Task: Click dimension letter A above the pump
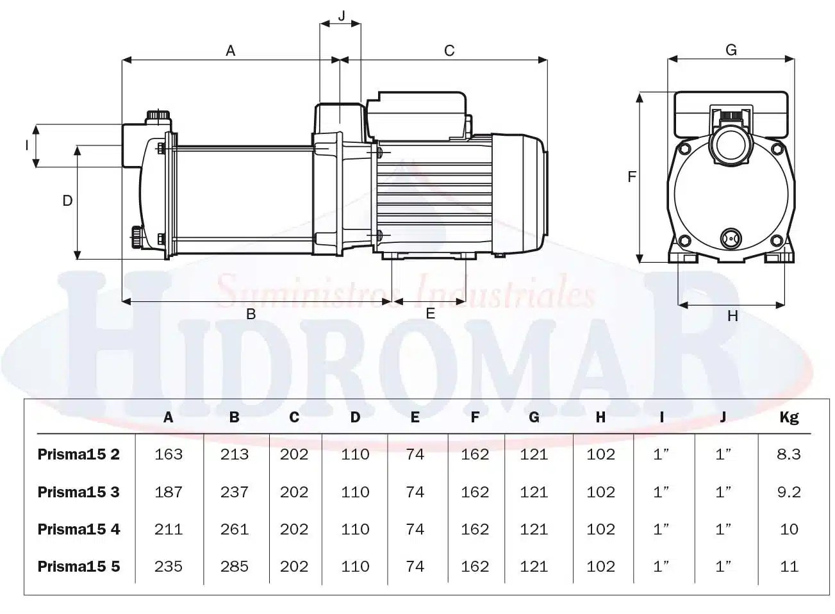pos(231,50)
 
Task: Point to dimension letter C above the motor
pos(449,50)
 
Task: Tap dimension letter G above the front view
pos(731,49)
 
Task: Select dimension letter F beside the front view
pos(632,176)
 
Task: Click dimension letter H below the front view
pos(732,315)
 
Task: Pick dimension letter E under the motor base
pos(430,313)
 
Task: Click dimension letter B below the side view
pos(251,314)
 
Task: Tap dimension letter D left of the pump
pos(67,201)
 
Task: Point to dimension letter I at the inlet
pos(27,145)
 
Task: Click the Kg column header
pos(789,417)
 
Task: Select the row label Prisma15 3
pos(78,492)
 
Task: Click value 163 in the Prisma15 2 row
pos(169,454)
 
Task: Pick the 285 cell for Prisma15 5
pos(234,567)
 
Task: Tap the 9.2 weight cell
pos(789,492)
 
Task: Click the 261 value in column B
pos(234,529)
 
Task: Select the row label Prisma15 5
pos(78,567)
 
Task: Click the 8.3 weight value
pos(789,454)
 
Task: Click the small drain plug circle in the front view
pos(730,237)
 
